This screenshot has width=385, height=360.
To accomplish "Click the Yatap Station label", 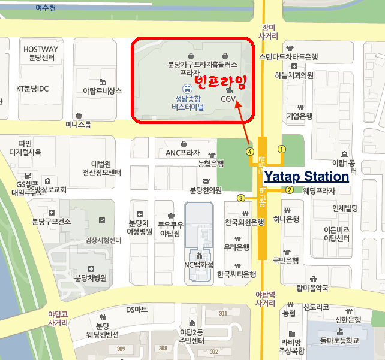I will (x=306, y=177).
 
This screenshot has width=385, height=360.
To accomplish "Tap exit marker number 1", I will (x=282, y=149).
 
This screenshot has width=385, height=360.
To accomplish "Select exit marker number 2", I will (x=289, y=190).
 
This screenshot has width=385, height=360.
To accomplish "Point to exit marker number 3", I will (x=241, y=198).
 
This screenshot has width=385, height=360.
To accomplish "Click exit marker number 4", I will (x=249, y=151).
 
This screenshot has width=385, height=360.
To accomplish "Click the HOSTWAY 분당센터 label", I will (x=41, y=53).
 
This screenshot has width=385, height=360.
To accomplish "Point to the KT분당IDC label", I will (x=32, y=89).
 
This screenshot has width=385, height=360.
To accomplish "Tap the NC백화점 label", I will (x=198, y=264).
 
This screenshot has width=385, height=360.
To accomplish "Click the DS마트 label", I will (x=137, y=310).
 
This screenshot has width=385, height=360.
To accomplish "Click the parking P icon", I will (x=101, y=220).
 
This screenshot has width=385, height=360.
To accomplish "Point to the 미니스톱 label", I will (x=78, y=125).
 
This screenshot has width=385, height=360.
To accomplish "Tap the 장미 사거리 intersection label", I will (x=268, y=31).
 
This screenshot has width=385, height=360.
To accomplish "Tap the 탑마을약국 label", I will (x=312, y=288).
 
